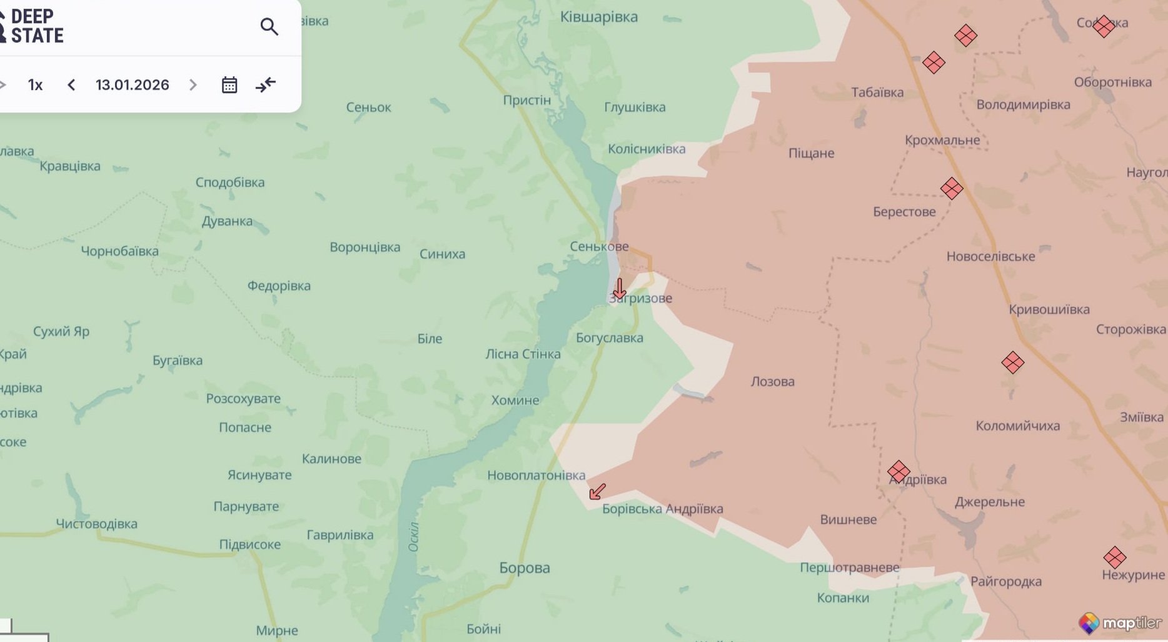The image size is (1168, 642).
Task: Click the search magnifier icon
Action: coord(269,27)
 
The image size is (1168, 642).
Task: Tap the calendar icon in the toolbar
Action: coord(229,85)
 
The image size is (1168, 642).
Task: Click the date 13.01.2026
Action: coord(132,85)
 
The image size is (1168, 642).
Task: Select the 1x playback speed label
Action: coord(35,85)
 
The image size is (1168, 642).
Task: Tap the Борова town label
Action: coord(524,568)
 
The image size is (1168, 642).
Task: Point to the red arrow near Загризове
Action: coord(619,289)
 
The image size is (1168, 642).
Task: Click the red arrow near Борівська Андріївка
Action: coord(597,491)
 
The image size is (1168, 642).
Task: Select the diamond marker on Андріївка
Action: coord(899,471)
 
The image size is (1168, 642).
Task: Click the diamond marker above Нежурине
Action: coord(1114,557)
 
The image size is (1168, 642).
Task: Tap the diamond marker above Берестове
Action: coord(951,188)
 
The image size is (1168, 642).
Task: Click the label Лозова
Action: coord(772,381)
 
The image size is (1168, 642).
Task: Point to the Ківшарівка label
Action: coord(598,17)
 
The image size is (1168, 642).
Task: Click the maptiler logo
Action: coord(1120,623)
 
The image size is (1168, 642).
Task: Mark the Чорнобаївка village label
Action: coord(119,251)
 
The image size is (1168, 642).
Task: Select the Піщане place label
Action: coord(811,153)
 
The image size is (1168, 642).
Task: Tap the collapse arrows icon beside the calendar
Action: coord(266,85)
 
